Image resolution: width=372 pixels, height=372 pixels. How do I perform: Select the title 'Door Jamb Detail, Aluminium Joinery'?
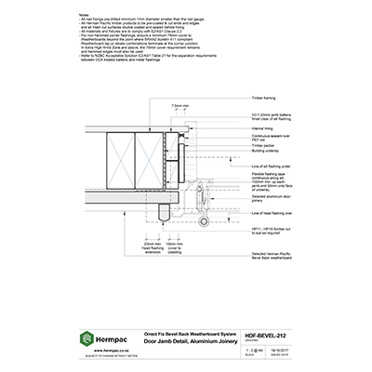click(x=179, y=340)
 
